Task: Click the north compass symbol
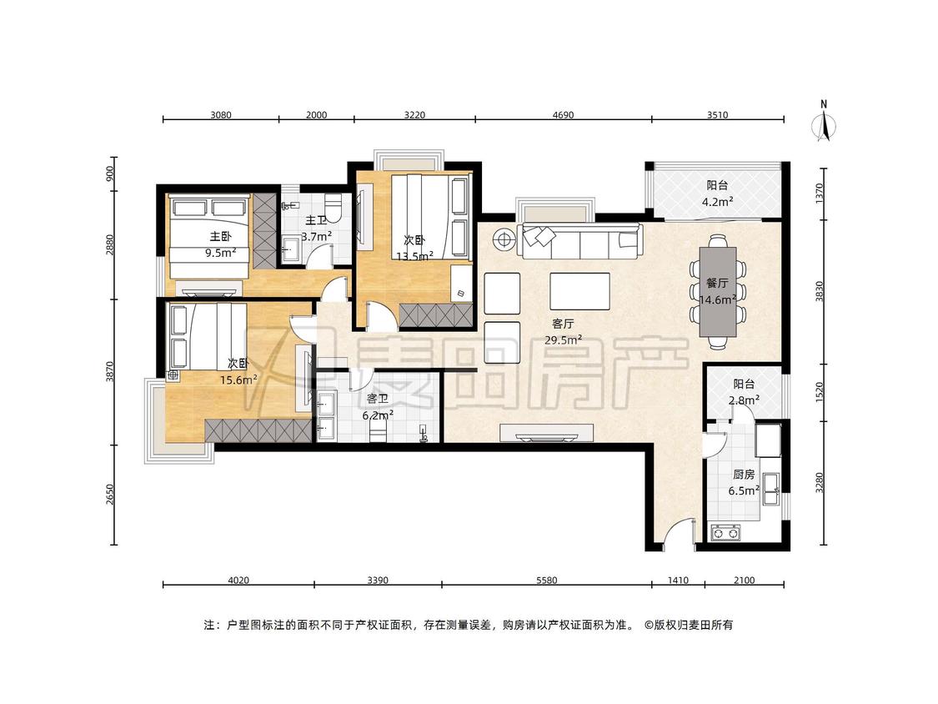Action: point(824,122)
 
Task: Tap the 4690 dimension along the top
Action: point(563,115)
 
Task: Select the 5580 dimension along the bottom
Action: point(546,580)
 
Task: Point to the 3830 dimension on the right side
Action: point(820,291)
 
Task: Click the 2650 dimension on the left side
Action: point(109,495)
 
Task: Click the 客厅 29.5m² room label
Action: point(563,332)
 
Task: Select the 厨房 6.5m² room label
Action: point(744,482)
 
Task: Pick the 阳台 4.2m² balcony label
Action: point(717,194)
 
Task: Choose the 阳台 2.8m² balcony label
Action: point(745,391)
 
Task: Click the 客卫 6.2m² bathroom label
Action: point(378,406)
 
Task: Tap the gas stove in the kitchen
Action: point(725,531)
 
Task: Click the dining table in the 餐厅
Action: point(719,292)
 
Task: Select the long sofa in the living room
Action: point(581,241)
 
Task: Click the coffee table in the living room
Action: point(579,292)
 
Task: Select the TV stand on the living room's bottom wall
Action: point(547,433)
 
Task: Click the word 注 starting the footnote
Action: point(208,625)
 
